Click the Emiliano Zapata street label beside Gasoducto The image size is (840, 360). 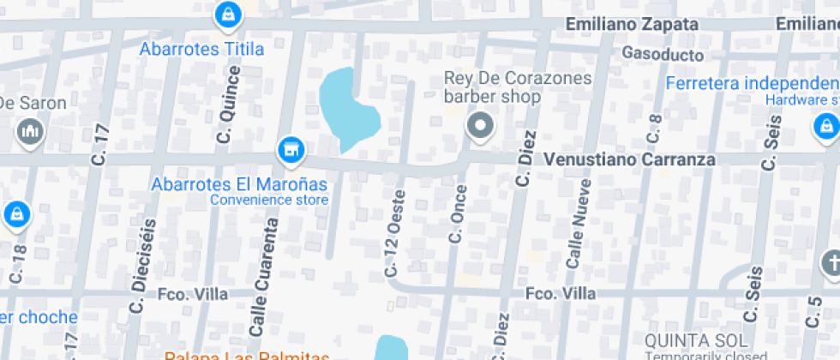(633, 25)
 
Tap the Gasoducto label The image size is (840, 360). (663, 55)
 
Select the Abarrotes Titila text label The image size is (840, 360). (202, 49)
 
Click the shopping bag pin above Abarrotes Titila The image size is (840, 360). (227, 14)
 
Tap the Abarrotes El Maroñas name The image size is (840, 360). (239, 184)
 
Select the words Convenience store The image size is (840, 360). (269, 201)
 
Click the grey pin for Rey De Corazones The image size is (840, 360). (480, 127)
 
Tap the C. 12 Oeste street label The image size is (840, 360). (395, 232)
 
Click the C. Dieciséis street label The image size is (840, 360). (141, 266)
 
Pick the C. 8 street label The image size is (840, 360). (655, 128)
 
